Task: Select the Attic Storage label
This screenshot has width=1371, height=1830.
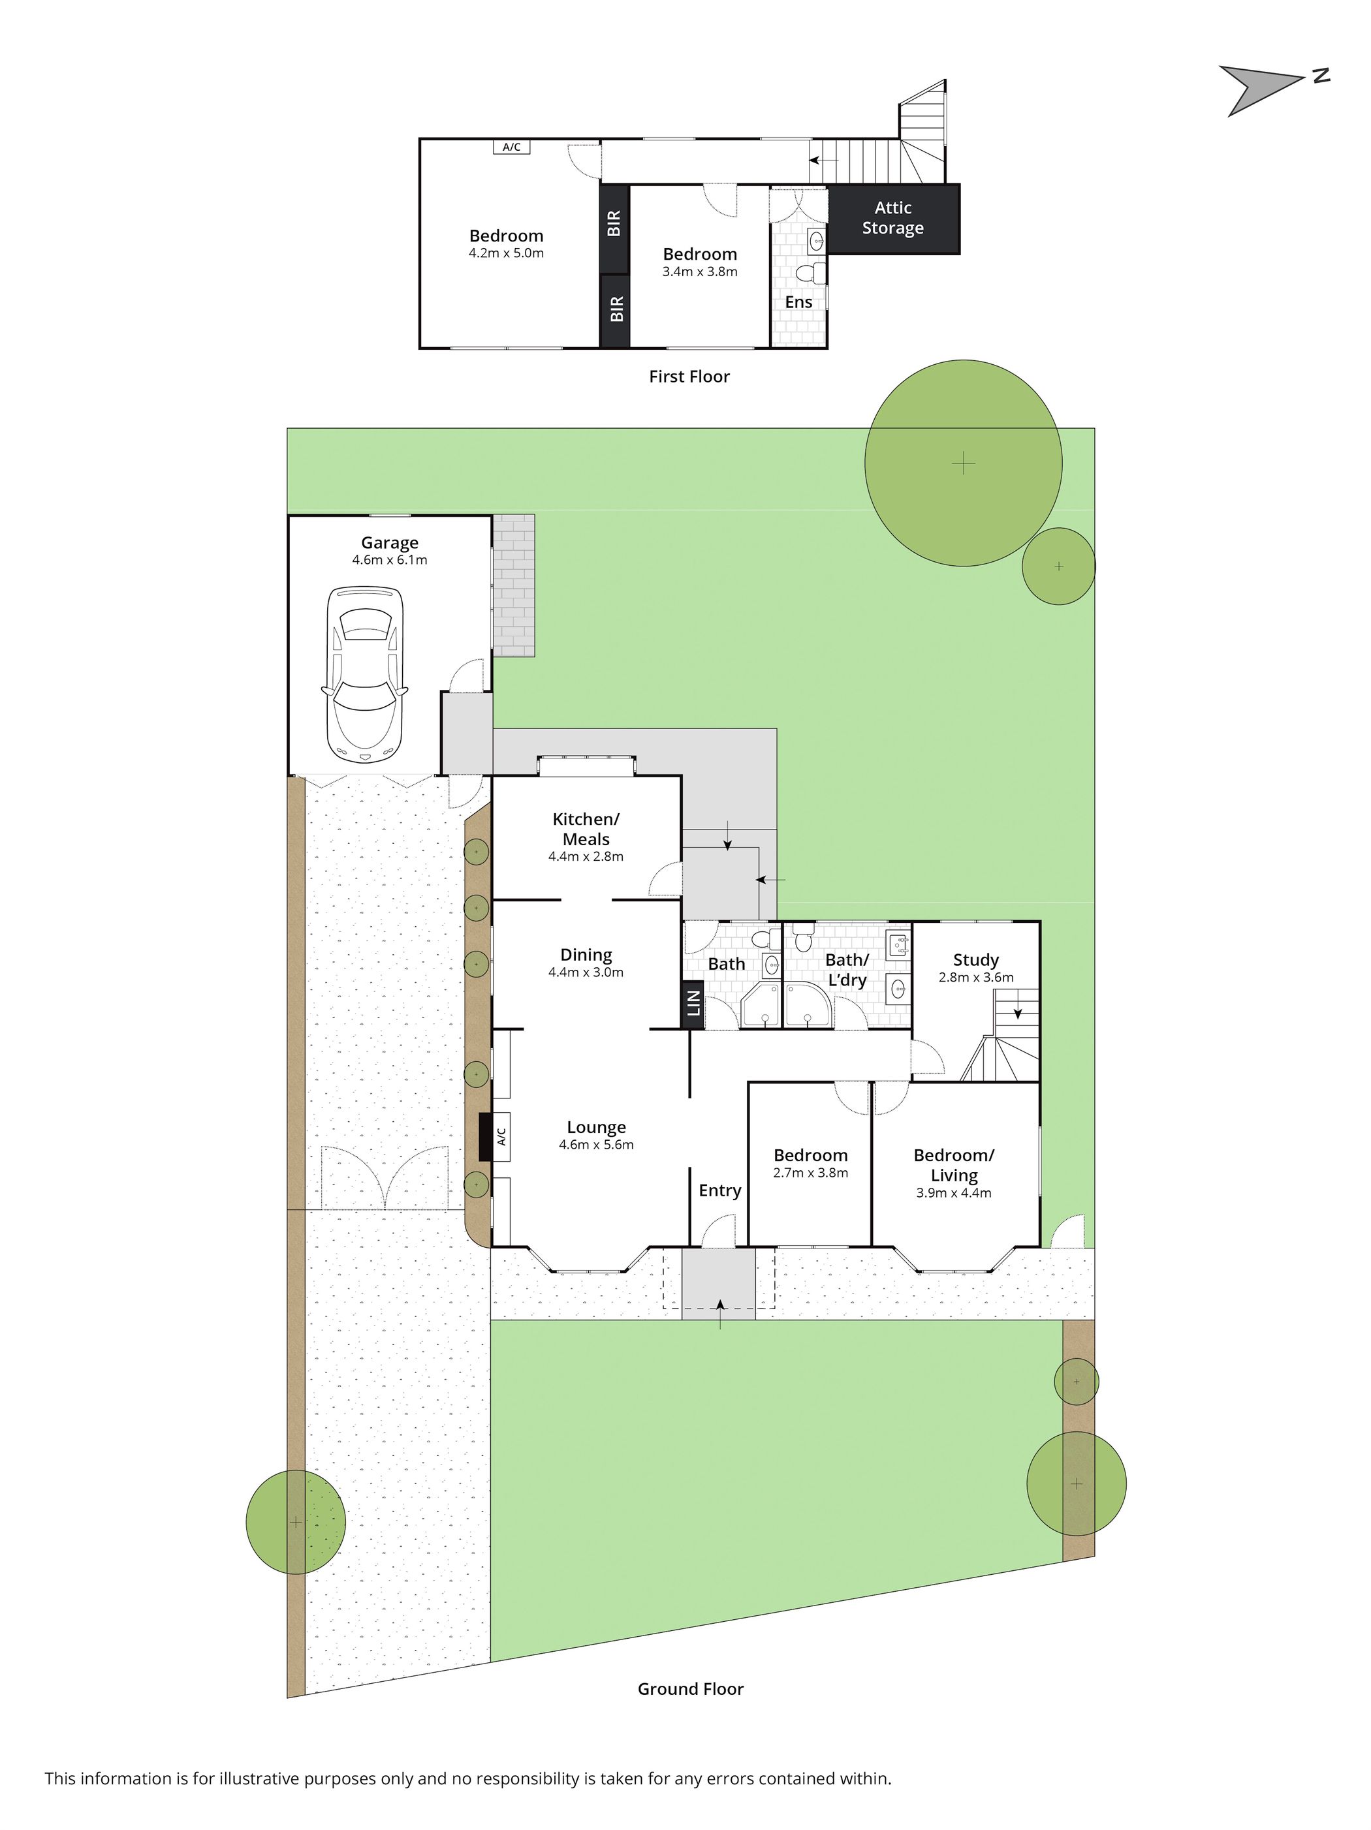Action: click(x=892, y=217)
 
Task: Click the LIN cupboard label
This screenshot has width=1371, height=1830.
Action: click(x=693, y=1004)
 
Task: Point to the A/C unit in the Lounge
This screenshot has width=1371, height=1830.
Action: click(x=495, y=1138)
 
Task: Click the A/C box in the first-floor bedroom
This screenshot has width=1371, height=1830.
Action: click(x=511, y=147)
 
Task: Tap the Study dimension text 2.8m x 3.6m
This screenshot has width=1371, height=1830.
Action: click(x=975, y=977)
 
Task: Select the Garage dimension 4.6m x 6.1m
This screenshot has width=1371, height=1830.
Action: click(x=389, y=560)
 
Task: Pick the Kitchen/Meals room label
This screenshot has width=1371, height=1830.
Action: click(x=586, y=829)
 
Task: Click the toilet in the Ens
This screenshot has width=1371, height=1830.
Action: click(x=808, y=272)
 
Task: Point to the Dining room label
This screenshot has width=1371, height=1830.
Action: click(x=586, y=955)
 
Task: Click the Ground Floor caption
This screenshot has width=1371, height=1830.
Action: click(x=690, y=1688)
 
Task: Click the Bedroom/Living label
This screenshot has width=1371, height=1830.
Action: click(x=953, y=1165)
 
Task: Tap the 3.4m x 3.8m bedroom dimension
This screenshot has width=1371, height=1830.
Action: click(x=699, y=271)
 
